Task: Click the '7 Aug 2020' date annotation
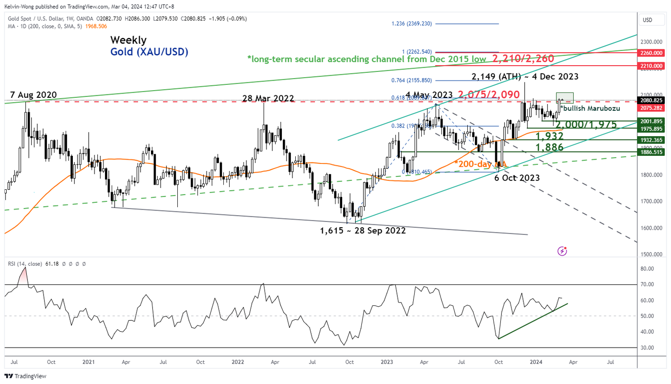32,94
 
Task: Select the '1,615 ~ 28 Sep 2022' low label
363,231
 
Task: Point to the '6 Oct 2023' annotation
517,177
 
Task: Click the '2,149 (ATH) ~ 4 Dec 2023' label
525,76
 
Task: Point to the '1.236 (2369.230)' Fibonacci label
412,23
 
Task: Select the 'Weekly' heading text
128,40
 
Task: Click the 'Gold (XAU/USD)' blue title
149,52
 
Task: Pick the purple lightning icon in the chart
563,251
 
